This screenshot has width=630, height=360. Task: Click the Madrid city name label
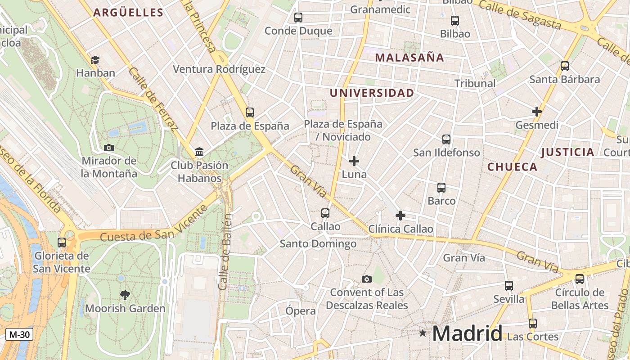pos(467,334)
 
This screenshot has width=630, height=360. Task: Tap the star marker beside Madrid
pos(423,333)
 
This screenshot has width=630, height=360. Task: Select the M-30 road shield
pos(19,334)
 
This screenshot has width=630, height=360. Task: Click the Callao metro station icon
pos(325,213)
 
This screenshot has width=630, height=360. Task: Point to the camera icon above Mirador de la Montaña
pos(108,148)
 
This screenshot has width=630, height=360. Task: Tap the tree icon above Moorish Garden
pos(125,295)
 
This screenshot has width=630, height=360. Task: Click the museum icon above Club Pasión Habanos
pos(199,152)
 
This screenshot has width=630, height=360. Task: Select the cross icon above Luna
pos(354,161)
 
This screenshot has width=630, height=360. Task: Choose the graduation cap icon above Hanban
pos(95,60)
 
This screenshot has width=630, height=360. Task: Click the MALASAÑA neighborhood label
pos(409,58)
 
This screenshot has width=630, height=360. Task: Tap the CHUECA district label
pos(512,167)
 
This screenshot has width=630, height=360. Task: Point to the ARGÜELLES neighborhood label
pos(128,13)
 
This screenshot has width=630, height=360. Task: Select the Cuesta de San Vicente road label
pos(154,224)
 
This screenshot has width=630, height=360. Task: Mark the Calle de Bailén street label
pos(225,252)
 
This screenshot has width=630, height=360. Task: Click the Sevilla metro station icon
pos(508,286)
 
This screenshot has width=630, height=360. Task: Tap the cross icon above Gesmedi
pos(537,111)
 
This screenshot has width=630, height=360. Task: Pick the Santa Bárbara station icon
pos(565,66)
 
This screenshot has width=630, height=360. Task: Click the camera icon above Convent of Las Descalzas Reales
pos(367,279)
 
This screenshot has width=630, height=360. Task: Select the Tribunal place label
pos(475,83)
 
